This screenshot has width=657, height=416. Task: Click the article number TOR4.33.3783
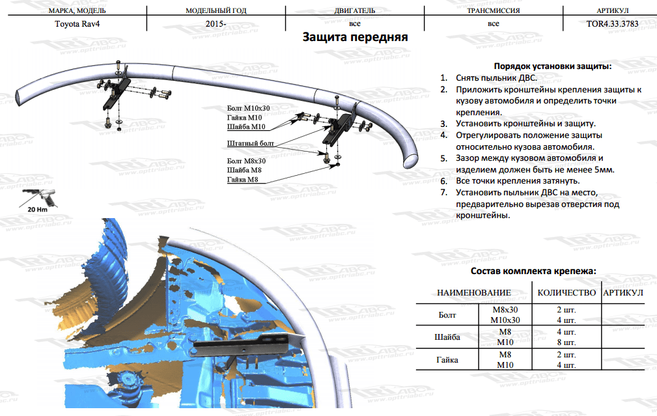[x=612, y=24]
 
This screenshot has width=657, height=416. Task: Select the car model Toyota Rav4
[x=77, y=24]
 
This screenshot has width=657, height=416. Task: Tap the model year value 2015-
[x=216, y=24]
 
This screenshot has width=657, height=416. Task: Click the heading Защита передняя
[x=355, y=37]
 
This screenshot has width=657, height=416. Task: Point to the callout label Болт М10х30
[x=248, y=108]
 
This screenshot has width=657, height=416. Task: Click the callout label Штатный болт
[x=250, y=143]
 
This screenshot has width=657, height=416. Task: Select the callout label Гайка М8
[x=243, y=180]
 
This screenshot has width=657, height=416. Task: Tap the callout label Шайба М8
[x=244, y=170]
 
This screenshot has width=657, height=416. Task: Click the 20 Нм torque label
[x=37, y=210]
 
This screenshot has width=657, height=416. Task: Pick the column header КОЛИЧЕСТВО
[x=566, y=293]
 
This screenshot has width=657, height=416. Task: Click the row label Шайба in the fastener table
[x=447, y=337]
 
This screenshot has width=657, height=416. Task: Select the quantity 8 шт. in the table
[x=566, y=342]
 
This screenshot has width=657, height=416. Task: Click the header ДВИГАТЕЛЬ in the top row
[x=354, y=10]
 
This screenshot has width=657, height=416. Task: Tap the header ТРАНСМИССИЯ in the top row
[x=493, y=10]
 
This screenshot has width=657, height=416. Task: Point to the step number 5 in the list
[x=443, y=158]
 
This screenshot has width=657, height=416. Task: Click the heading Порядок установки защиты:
[x=553, y=66]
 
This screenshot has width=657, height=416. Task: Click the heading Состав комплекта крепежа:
[x=533, y=271]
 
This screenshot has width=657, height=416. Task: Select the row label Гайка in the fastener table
[x=447, y=360]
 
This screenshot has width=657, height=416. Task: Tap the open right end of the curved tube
[x=411, y=161]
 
